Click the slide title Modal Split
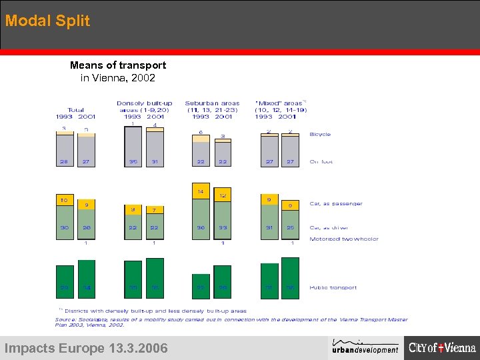pos(47,21)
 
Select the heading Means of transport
pos(118,65)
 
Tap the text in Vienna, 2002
pos(118,78)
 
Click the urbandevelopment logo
pos(365,347)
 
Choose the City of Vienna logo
pos(443,347)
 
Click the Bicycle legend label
pos(320,134)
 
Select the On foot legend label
pos(321,162)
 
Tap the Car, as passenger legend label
pos(336,203)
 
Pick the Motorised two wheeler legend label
pos(344,239)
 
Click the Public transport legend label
pos(333,288)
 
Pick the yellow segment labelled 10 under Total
pos(65,200)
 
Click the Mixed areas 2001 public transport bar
pos(290,279)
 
